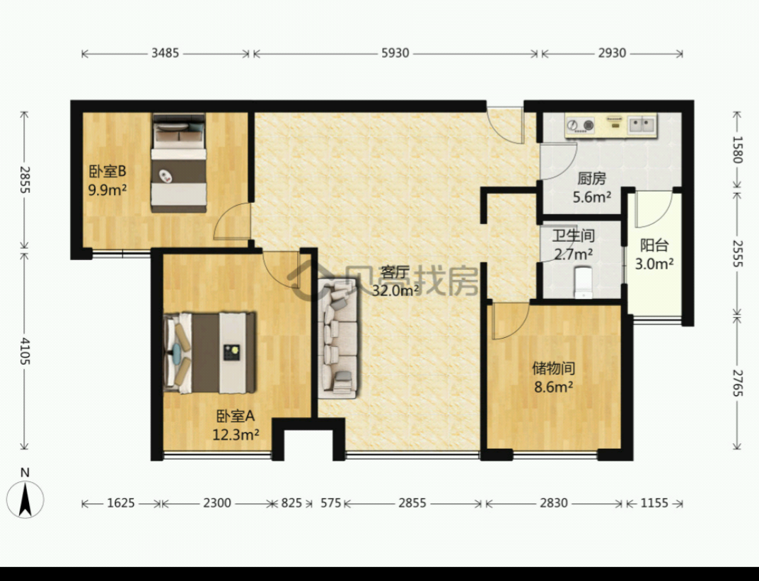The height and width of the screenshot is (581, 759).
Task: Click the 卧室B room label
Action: [107, 172]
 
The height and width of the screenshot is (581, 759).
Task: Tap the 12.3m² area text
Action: [236, 435]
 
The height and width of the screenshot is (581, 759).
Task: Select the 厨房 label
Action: [591, 179]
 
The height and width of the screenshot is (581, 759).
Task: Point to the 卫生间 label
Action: [573, 235]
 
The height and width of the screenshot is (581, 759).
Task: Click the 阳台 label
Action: [654, 245]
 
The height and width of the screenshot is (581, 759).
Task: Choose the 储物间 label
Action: [554, 368]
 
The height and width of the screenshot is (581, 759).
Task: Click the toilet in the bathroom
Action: [582, 281]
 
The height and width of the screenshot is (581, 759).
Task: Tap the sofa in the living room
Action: [338, 339]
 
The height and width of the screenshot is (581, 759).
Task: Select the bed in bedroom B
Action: [179, 163]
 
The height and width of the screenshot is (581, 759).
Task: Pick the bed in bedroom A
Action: [209, 352]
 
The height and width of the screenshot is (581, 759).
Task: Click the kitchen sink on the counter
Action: [642, 125]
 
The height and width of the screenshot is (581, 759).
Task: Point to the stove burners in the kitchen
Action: [580, 125]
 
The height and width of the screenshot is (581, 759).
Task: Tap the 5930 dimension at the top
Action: [395, 53]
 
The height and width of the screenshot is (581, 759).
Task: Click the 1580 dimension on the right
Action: [737, 149]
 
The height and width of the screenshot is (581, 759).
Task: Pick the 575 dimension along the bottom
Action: [330, 503]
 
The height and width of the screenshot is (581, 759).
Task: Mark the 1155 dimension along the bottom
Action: [654, 503]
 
